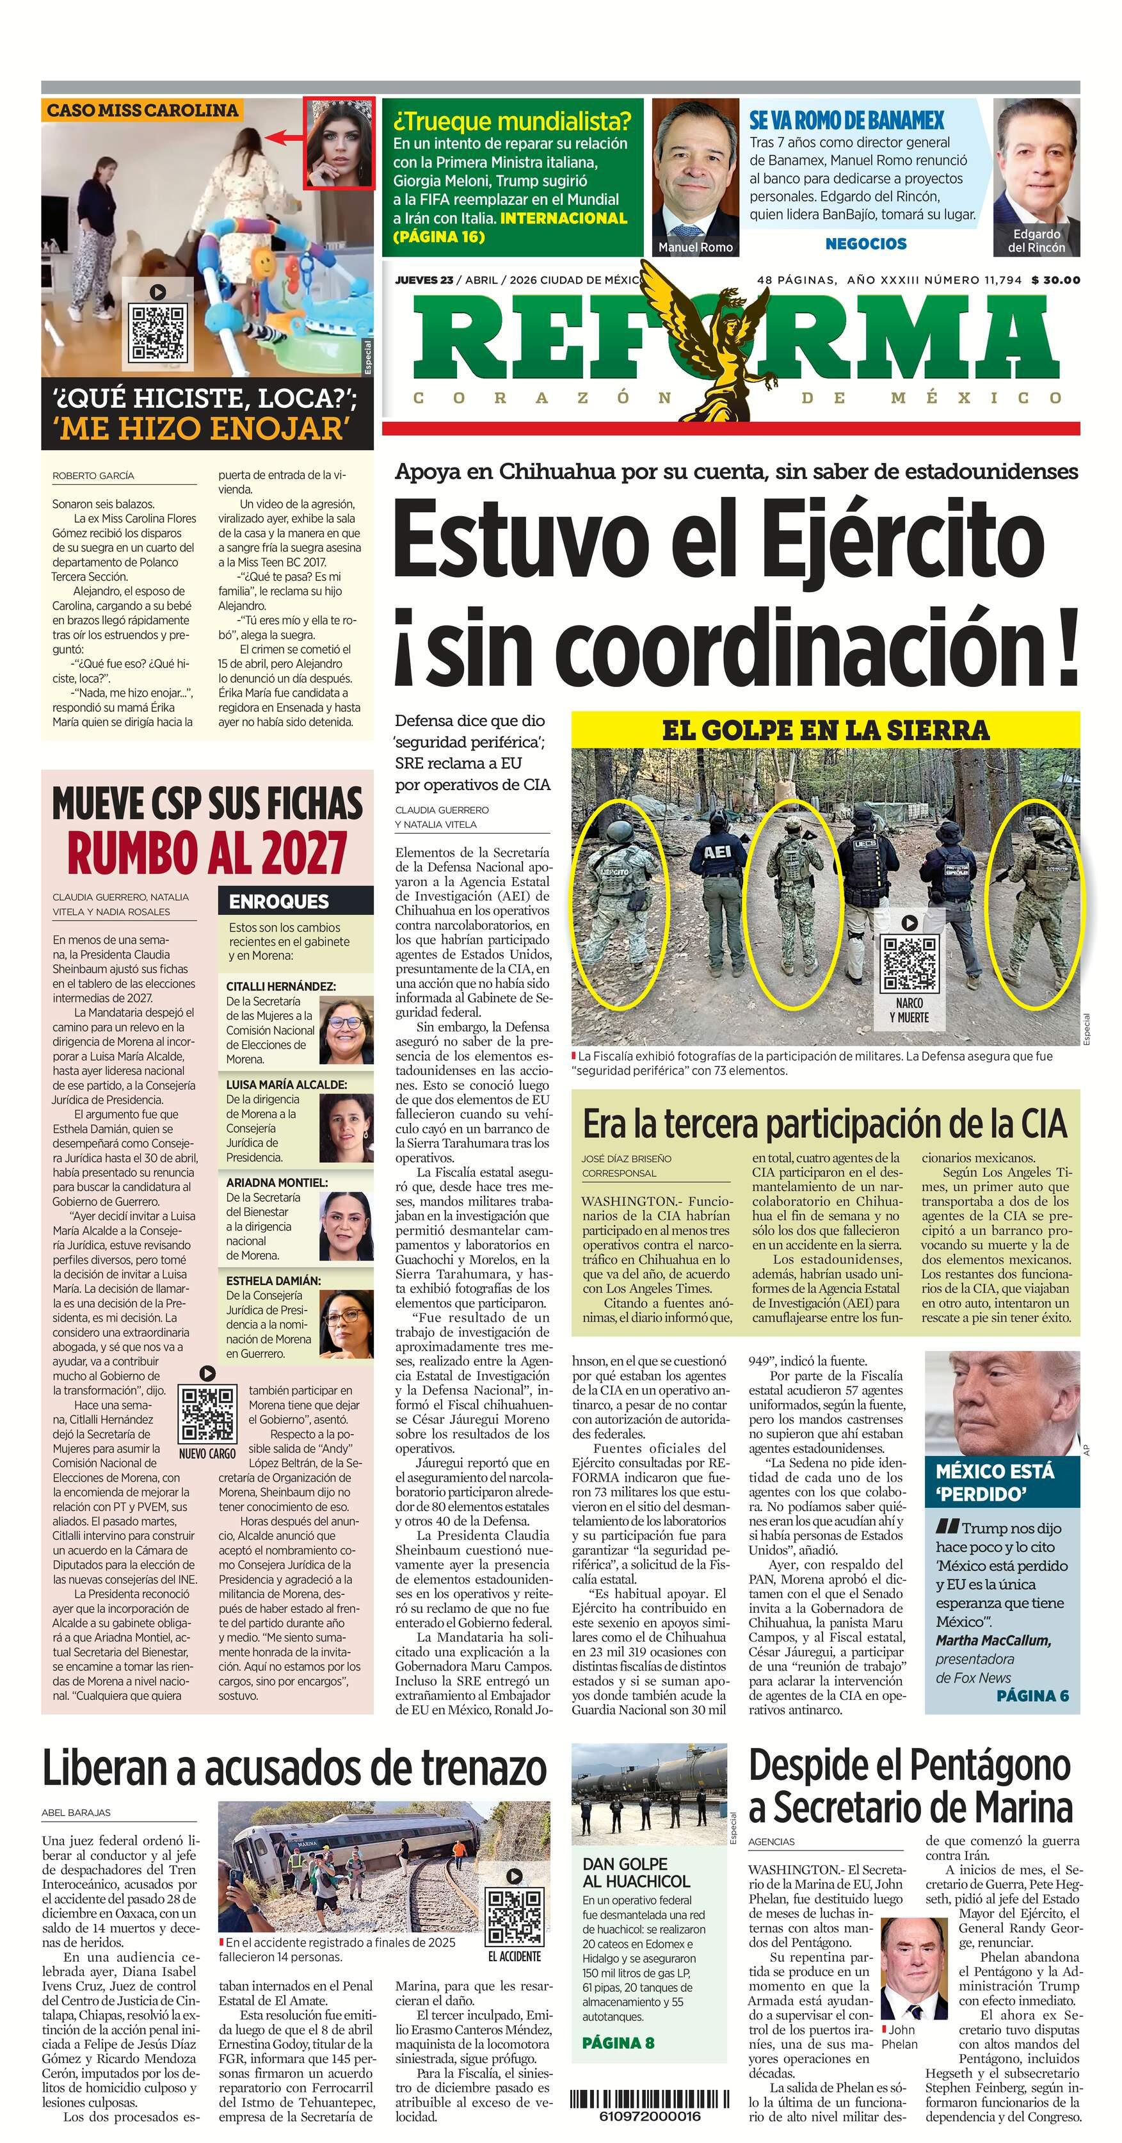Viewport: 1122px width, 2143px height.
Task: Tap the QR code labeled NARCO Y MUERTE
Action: click(x=909, y=964)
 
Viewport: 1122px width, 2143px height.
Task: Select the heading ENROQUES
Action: click(x=278, y=901)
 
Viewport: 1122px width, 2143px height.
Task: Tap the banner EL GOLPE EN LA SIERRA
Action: click(x=825, y=731)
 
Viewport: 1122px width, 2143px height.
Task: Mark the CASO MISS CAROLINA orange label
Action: click(x=141, y=110)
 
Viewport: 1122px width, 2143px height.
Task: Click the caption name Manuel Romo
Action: click(x=695, y=247)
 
